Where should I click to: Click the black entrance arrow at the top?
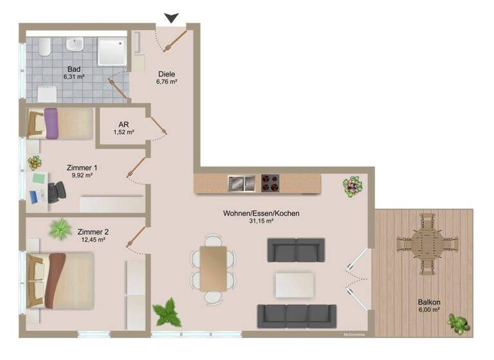tap(170, 18)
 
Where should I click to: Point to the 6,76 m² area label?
tap(167, 82)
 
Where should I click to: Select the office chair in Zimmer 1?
tap(55, 191)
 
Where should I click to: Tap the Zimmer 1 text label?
tap(82, 167)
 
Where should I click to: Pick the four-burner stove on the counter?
tap(271, 183)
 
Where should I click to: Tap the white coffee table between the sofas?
tap(294, 284)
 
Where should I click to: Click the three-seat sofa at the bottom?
tap(297, 316)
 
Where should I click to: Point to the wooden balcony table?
tap(427, 243)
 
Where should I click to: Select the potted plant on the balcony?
tap(459, 323)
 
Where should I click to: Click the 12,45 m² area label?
tap(93, 240)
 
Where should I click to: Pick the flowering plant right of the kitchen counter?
tap(352, 186)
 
